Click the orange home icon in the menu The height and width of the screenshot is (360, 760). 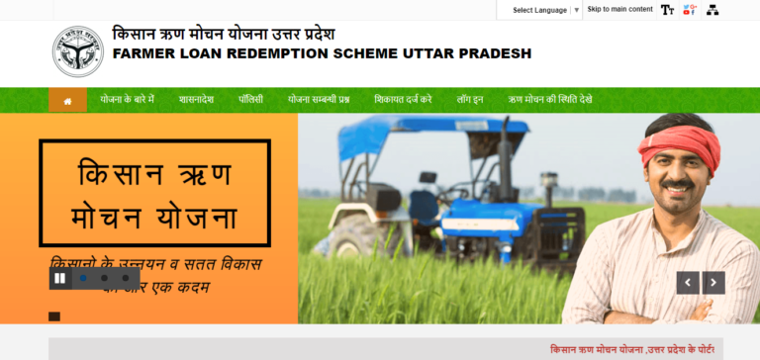(x=67, y=100)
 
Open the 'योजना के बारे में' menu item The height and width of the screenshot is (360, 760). (x=127, y=100)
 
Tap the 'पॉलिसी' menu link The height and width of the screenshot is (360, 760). (x=250, y=100)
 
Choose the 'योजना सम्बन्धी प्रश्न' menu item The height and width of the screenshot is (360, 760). (x=319, y=100)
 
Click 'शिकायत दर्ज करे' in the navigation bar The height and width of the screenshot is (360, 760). (x=403, y=100)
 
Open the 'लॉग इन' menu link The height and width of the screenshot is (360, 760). (x=469, y=100)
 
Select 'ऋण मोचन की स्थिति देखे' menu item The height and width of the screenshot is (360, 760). (x=550, y=100)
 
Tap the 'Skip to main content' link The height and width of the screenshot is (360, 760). (x=619, y=10)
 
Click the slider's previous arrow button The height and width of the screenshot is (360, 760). (x=688, y=283)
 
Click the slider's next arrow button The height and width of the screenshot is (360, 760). (x=713, y=283)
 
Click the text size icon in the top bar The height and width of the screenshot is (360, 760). (x=667, y=10)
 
